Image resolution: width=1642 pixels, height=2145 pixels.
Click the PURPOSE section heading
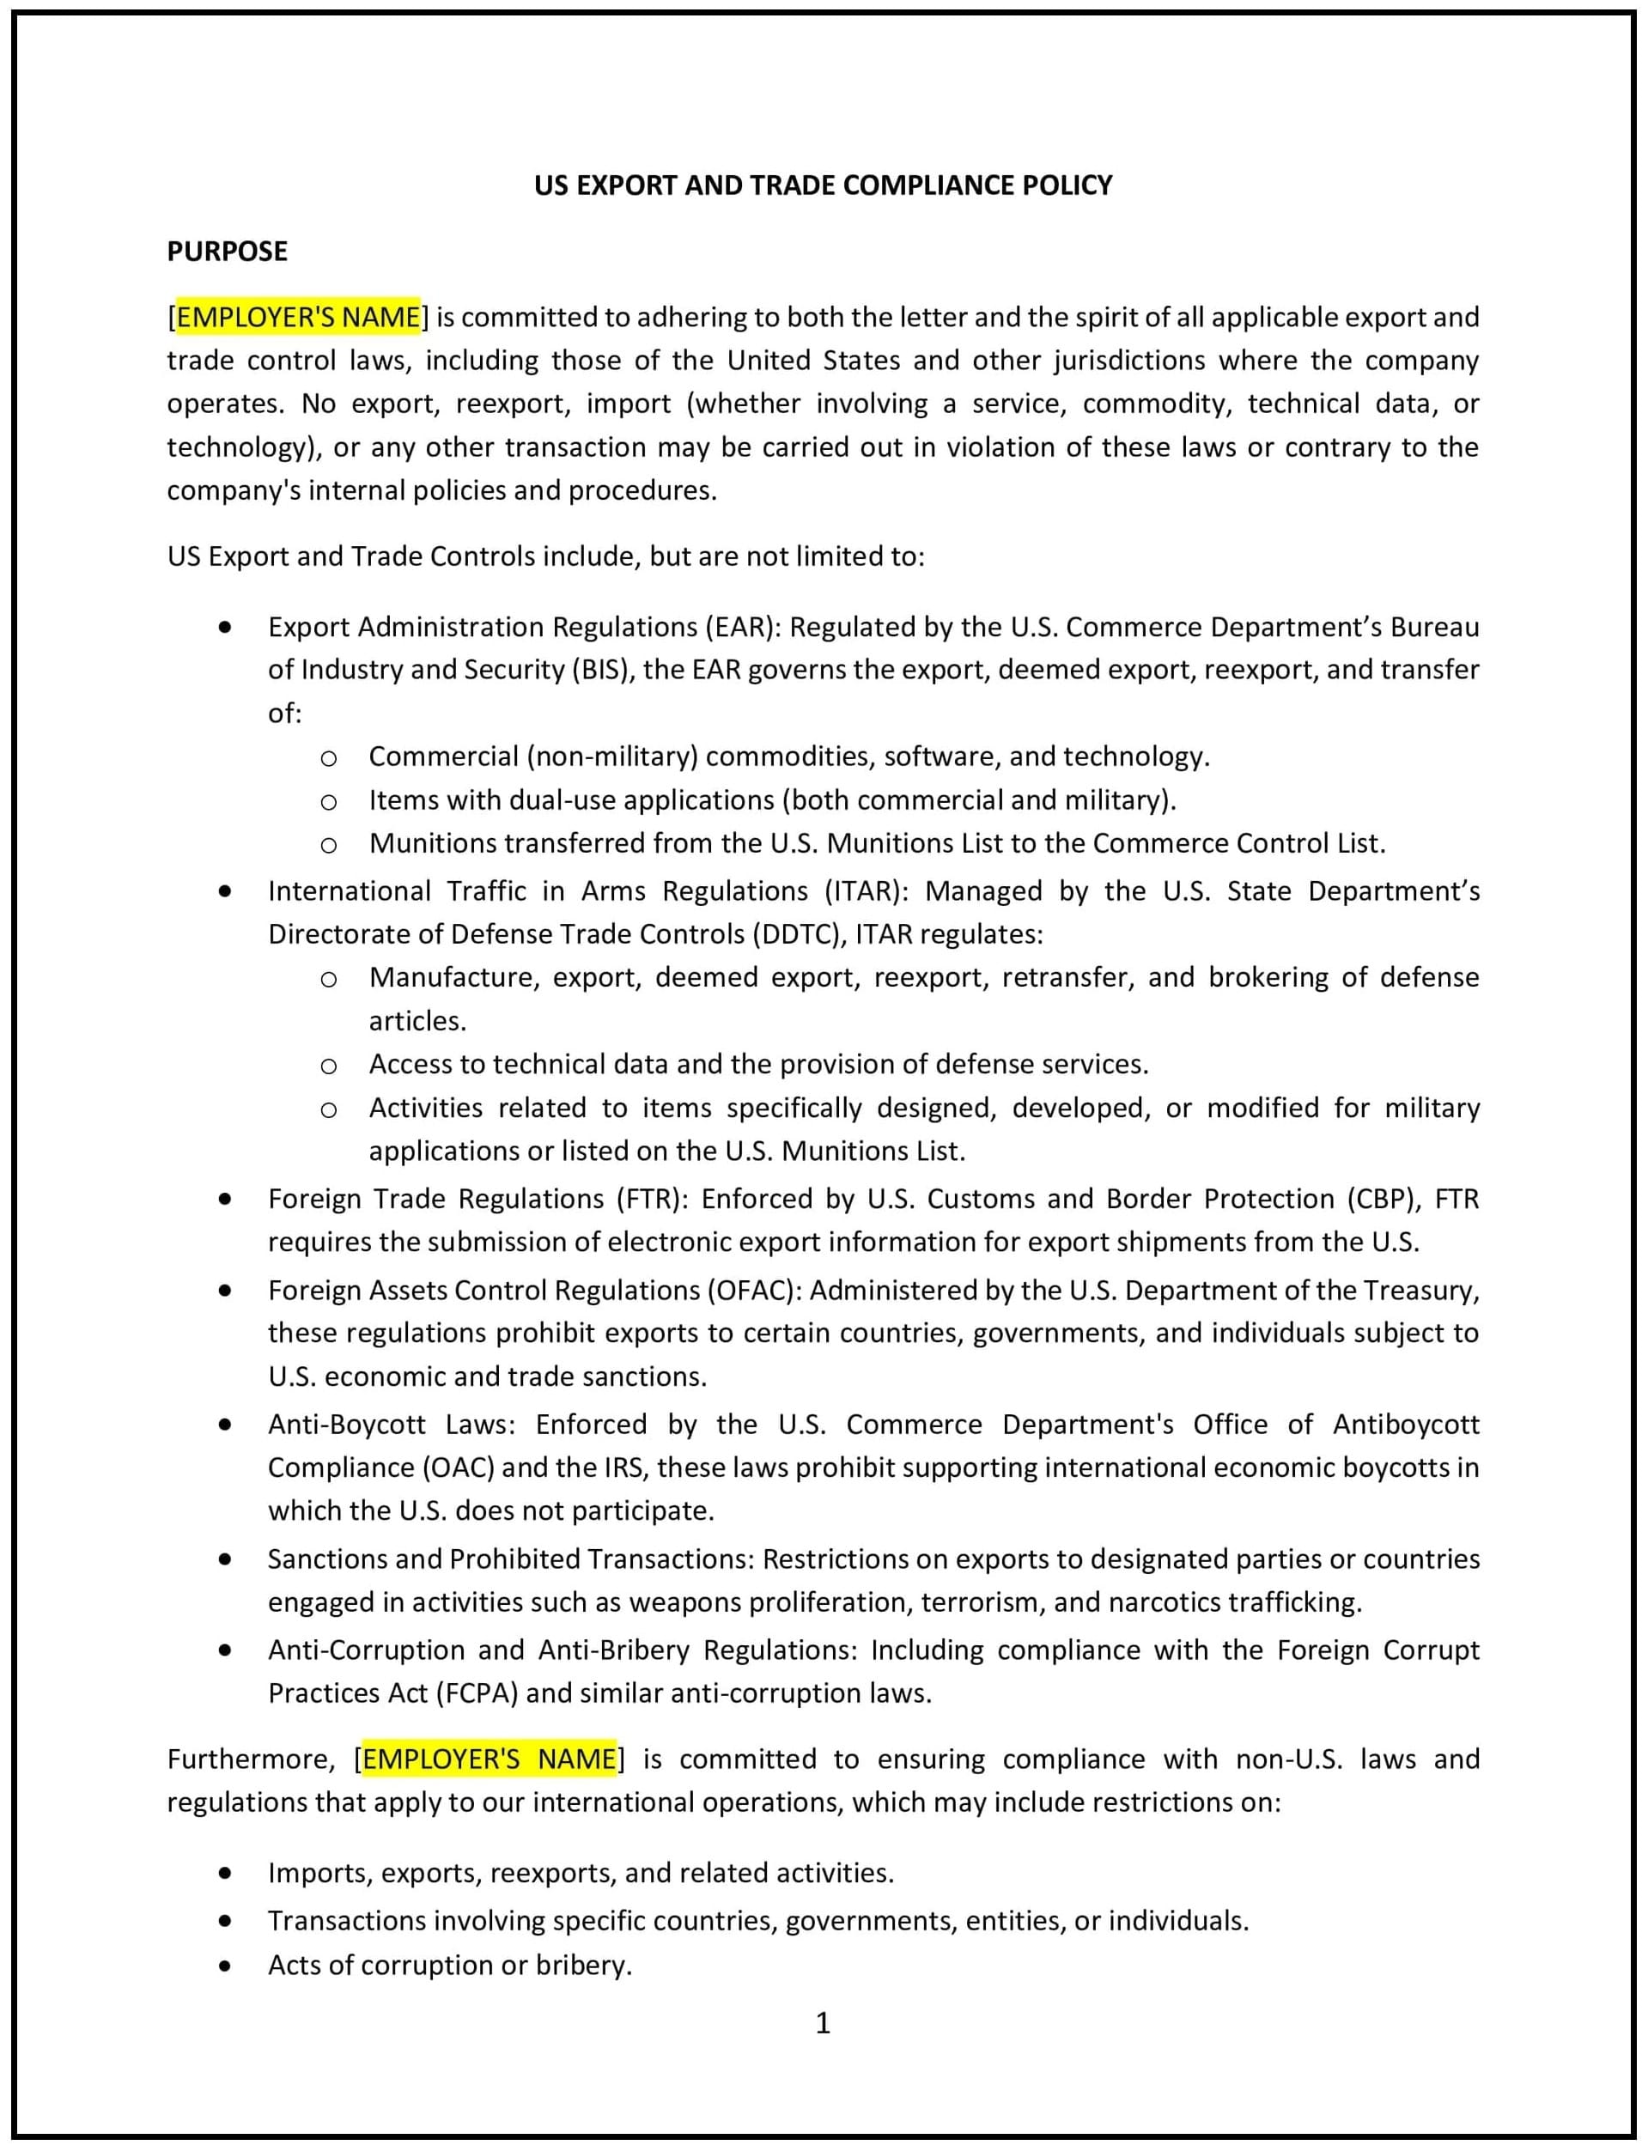[x=227, y=251]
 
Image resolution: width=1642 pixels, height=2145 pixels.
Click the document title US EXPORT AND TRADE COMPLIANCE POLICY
[x=822, y=185]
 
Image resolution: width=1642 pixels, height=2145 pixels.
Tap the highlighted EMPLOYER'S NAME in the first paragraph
[x=298, y=317]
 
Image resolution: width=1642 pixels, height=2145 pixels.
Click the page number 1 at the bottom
[x=822, y=2023]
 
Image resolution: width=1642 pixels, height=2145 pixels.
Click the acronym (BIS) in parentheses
[x=601, y=670]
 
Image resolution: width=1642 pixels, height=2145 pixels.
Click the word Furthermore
[x=251, y=1759]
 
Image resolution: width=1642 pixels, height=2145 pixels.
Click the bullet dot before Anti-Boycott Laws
[x=226, y=1425]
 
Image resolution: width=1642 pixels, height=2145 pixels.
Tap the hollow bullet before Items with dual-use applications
[x=328, y=802]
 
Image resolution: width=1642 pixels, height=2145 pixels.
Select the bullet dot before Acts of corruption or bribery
[x=226, y=1966]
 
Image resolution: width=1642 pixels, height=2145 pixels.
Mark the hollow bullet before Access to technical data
[x=328, y=1066]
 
